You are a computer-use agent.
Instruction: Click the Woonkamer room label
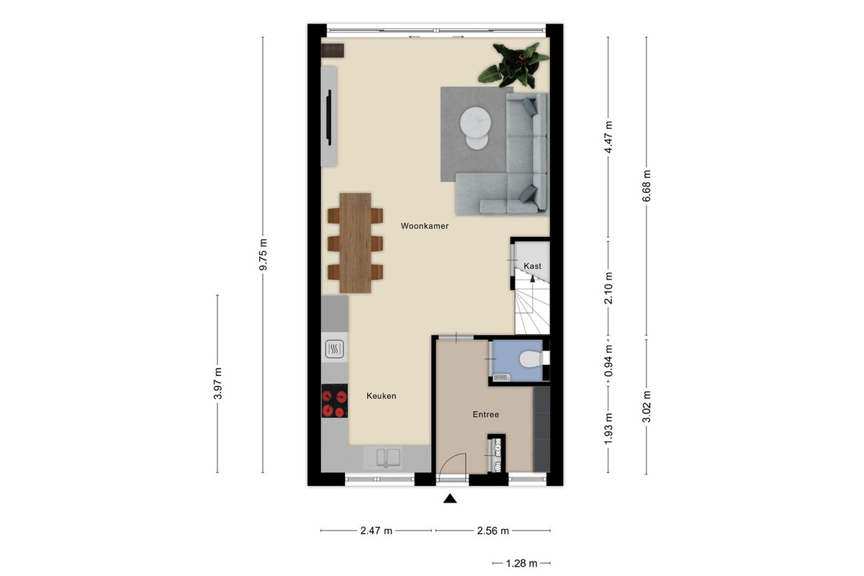tap(424, 226)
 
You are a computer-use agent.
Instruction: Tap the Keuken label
tap(381, 396)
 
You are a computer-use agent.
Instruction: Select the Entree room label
tap(485, 414)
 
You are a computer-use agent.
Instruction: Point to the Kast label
tap(532, 266)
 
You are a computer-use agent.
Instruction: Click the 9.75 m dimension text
tap(263, 255)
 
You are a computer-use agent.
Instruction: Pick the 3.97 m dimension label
tap(218, 384)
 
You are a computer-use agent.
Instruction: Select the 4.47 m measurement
tap(608, 138)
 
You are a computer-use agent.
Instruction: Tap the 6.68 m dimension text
tap(647, 186)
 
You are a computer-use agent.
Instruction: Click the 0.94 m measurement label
tap(608, 361)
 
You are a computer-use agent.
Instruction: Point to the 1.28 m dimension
tap(521, 564)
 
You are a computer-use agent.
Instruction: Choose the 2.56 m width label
tap(493, 531)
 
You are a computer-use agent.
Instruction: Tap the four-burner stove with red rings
tap(334, 401)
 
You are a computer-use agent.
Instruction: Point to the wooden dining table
tap(355, 243)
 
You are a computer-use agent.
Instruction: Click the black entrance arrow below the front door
tap(450, 499)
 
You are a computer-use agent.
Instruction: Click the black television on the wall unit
tap(329, 117)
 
